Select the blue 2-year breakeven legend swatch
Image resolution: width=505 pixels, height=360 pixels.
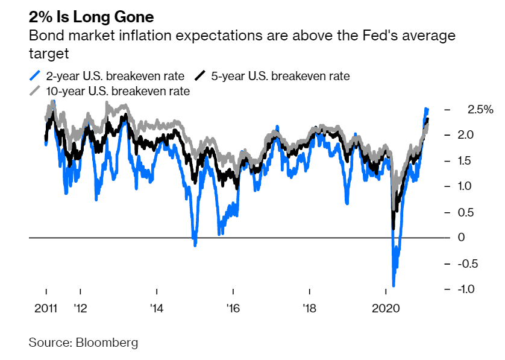coord(35,76)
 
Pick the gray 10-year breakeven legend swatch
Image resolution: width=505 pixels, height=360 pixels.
coord(35,92)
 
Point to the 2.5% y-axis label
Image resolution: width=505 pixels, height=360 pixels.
coord(480,110)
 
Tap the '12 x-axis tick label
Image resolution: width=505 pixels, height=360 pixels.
coord(80,308)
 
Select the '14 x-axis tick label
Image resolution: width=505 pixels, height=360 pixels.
coord(157,308)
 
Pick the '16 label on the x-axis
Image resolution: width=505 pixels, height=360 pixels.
coord(233,308)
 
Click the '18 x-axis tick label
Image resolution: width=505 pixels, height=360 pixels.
coord(309,308)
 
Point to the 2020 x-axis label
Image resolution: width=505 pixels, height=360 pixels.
coord(386,308)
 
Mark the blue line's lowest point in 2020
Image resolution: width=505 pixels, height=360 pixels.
coord(394,285)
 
